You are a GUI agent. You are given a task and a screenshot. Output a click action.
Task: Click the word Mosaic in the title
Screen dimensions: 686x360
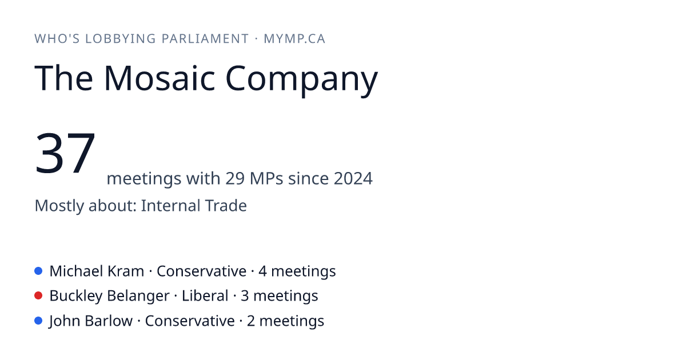point(159,78)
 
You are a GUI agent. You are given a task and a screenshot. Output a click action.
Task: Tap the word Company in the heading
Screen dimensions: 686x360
point(302,80)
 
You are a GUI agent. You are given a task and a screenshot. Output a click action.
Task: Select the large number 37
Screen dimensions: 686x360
point(65,153)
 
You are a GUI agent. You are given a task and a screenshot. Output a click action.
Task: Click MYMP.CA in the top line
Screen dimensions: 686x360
point(294,39)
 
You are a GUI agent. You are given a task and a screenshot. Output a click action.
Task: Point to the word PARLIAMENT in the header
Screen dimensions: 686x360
point(205,39)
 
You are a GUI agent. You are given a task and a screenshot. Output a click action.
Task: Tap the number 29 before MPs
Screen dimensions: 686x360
point(235,178)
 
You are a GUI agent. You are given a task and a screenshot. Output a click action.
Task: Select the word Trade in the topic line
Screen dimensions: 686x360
point(226,205)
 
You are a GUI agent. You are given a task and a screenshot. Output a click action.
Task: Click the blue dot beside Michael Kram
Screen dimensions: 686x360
point(38,271)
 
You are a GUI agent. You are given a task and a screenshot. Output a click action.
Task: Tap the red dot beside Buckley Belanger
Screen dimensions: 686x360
point(38,296)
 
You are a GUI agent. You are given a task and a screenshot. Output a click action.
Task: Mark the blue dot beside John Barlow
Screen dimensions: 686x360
point(38,321)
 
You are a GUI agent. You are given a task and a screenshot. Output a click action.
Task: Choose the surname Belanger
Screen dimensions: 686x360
point(138,297)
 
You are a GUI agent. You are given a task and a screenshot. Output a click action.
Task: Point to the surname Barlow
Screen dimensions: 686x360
point(109,321)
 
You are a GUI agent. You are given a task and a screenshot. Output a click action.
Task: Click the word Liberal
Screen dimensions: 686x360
point(205,296)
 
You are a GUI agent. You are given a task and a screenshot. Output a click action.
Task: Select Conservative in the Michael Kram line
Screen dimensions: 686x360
point(201,271)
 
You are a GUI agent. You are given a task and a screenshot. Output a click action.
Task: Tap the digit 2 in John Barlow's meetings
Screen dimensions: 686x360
point(251,321)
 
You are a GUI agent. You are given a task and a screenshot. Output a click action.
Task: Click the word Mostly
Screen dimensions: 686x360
point(59,206)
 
